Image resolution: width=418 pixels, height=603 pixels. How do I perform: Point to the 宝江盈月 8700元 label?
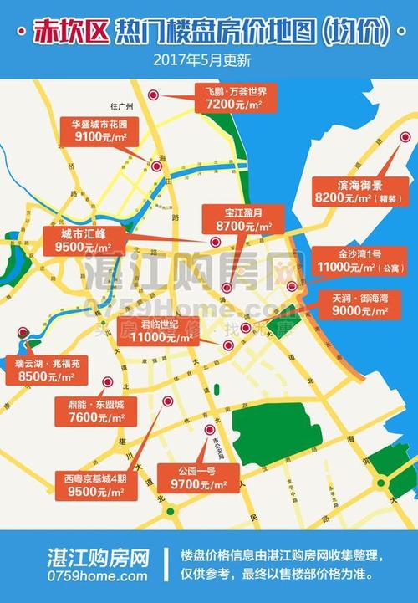click(243, 219)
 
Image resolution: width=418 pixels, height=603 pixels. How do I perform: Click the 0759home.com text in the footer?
click(97, 575)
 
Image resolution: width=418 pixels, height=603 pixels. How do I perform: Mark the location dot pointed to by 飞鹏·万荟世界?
click(153, 96)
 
